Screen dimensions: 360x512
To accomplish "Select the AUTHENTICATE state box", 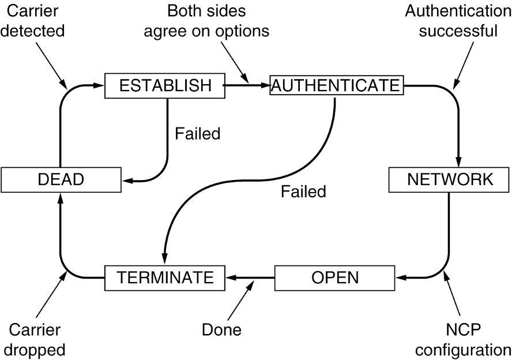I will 335,85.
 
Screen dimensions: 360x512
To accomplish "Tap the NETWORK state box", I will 450,180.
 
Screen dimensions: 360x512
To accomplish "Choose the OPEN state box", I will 334,277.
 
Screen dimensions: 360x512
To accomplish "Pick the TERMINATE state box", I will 164,277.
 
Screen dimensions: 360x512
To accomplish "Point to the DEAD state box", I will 61,180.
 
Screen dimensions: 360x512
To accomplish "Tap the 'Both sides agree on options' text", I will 206,21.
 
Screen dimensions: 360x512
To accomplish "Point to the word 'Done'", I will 221,331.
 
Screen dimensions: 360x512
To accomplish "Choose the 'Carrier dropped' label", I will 37,340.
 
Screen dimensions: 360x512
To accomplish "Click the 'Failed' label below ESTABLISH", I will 197,134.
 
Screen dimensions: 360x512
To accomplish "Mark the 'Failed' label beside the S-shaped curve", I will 303,191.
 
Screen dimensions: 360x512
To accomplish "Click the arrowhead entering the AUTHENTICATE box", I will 265,85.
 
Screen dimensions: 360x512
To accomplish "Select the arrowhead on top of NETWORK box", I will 460,163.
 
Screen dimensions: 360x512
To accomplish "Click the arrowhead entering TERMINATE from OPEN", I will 229,277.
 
